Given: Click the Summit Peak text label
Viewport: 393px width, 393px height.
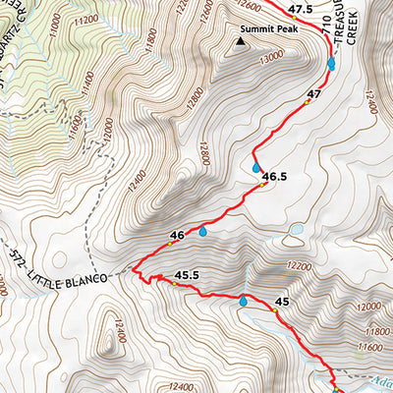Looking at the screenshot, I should [274, 29].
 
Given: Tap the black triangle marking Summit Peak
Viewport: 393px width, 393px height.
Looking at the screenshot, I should [243, 42].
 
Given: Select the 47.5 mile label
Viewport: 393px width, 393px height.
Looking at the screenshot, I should [301, 9].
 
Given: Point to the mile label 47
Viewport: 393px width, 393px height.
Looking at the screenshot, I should [314, 94].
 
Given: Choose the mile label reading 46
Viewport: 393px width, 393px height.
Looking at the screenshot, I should [177, 235].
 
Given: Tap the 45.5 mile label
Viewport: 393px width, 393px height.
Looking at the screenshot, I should [187, 275].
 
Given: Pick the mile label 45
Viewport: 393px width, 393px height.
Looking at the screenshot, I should [282, 302].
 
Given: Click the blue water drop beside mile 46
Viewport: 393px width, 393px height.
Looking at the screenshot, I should [202, 232].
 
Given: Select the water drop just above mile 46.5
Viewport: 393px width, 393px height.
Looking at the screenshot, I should [257, 168].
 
